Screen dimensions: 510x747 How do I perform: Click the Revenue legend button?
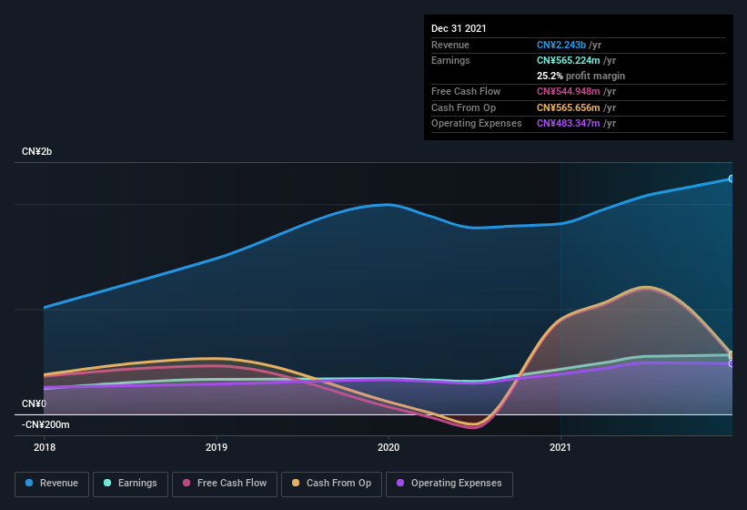[x=52, y=484]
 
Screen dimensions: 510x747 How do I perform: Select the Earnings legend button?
[x=130, y=484]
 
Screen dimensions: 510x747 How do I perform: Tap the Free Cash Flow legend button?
[x=224, y=484]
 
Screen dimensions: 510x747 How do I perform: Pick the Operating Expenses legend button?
[x=449, y=484]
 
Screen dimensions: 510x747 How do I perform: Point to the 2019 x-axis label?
[x=217, y=447]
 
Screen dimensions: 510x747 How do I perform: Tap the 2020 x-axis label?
[x=389, y=447]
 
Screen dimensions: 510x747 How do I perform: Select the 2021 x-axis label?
[x=560, y=447]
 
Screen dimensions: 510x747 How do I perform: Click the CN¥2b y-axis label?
[x=37, y=151]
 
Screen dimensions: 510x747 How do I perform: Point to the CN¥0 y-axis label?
[x=34, y=403]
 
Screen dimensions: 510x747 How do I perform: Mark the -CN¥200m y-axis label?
[x=45, y=424]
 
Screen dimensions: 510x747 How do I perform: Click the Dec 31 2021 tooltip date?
[x=459, y=28]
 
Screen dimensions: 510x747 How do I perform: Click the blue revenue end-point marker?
[x=732, y=178]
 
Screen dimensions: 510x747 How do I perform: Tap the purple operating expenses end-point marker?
[x=732, y=363]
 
